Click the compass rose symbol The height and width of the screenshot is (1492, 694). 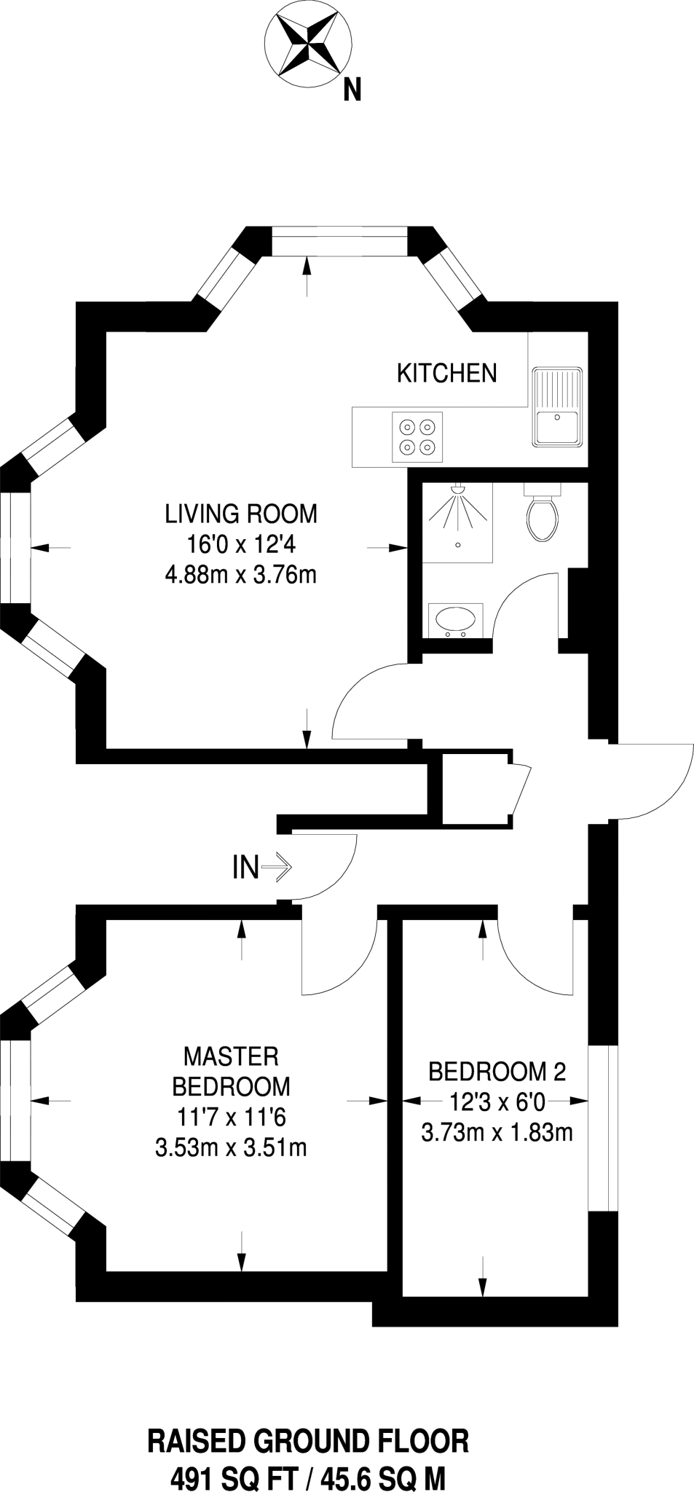coord(308,44)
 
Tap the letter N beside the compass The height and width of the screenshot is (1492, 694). coord(352,90)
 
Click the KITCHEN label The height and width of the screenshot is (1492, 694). coord(446,373)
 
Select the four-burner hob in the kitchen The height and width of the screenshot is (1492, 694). coord(417,436)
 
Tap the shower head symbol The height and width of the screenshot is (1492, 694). coord(457,490)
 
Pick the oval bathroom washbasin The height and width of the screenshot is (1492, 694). coord(455,620)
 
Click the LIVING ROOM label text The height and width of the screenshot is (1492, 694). coord(241,514)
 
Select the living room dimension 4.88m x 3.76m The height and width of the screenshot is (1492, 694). coord(241,576)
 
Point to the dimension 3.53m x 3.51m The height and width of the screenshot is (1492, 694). coord(231,1148)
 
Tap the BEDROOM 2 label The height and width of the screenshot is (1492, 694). coord(497,1072)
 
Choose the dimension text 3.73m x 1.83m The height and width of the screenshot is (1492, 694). coord(497,1133)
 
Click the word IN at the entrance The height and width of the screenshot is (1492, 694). coord(245,868)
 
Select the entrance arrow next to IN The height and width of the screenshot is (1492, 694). coord(277,868)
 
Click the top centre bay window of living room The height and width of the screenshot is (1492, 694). coord(339,241)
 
